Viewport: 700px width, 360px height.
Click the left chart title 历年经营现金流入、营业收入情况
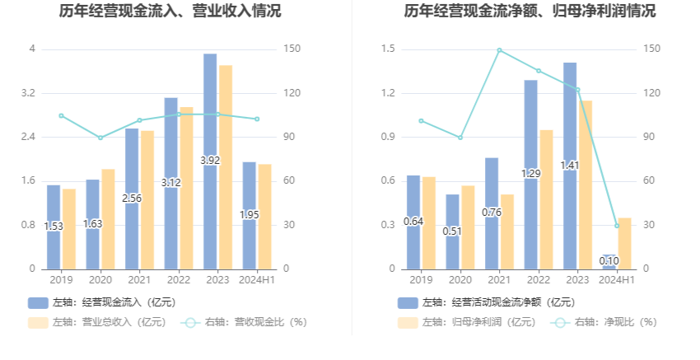pyautogui.click(x=170, y=12)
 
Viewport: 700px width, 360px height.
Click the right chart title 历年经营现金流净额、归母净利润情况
pyautogui.click(x=530, y=12)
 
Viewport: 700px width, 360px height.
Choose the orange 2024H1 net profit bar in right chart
pyautogui.click(x=624, y=243)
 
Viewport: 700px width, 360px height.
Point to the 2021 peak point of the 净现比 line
pyautogui.click(x=499, y=50)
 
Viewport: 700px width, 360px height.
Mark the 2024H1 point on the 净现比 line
pyautogui.click(x=617, y=226)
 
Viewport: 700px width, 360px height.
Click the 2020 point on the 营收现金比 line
pyautogui.click(x=100, y=138)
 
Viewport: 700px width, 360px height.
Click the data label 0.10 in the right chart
pyautogui.click(x=609, y=261)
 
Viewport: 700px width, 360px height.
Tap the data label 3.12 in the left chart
pyautogui.click(x=170, y=183)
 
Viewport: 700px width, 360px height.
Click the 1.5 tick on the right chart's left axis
pyautogui.click(x=388, y=49)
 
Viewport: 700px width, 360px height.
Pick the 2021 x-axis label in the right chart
pyautogui.click(x=499, y=280)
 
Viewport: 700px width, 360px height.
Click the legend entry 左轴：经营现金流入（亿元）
pyautogui.click(x=102, y=302)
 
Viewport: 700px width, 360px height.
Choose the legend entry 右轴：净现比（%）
pyautogui.click(x=605, y=322)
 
